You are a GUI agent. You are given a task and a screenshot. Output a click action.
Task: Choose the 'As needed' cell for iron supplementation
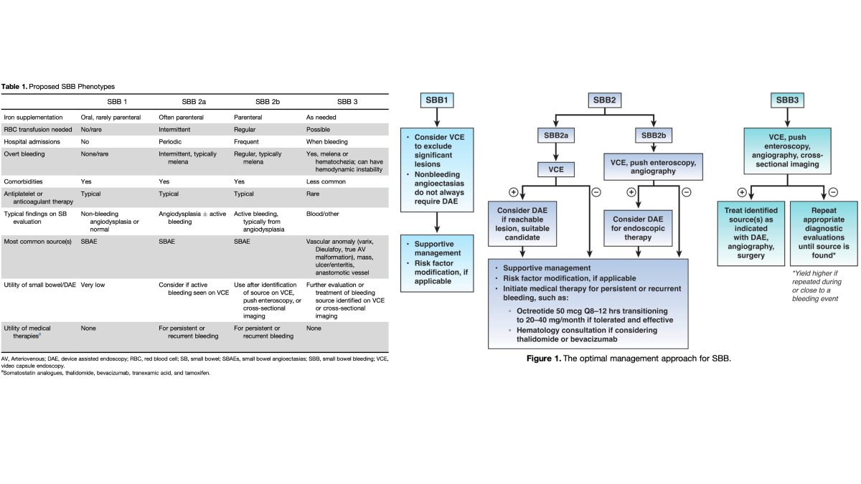[x=321, y=117]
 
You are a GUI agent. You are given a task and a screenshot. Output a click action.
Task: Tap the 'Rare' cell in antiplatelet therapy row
[x=314, y=194]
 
